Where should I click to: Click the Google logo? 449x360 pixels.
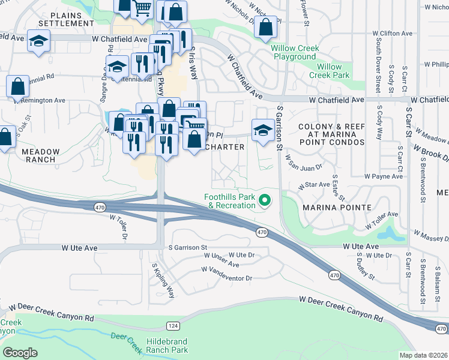[x=20, y=352]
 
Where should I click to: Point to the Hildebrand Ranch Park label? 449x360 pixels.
[x=167, y=346]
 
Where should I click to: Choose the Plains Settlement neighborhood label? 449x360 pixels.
[x=66, y=19]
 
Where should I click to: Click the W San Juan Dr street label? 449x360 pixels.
[x=304, y=161]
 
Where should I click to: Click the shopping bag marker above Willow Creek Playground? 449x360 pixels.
[x=265, y=26]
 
